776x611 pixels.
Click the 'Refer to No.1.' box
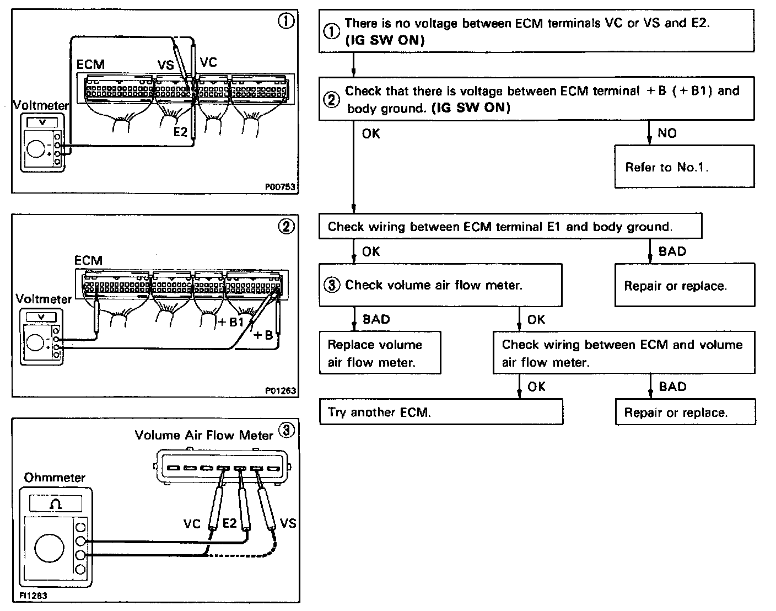[x=684, y=167]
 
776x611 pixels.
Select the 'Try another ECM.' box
[x=441, y=412]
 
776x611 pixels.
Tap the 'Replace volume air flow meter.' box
[x=380, y=353]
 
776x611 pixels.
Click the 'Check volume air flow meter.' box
[x=440, y=285]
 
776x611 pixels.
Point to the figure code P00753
[x=281, y=187]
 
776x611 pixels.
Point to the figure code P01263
[x=281, y=390]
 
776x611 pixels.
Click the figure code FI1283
[x=33, y=596]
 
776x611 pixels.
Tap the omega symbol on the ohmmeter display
[x=56, y=503]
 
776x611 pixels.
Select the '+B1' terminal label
[x=231, y=322]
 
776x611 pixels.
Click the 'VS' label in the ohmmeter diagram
[x=288, y=522]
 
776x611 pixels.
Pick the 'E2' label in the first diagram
[x=180, y=132]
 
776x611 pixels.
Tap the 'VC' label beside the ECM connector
[x=208, y=62]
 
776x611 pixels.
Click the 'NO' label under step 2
[x=667, y=133]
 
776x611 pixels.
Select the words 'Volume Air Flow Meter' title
[x=204, y=435]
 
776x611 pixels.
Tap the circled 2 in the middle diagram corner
[x=287, y=226]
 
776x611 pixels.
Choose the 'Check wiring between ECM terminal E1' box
[x=510, y=226]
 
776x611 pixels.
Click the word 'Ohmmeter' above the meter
[x=55, y=478]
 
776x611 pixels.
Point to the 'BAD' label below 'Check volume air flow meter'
[x=376, y=319]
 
